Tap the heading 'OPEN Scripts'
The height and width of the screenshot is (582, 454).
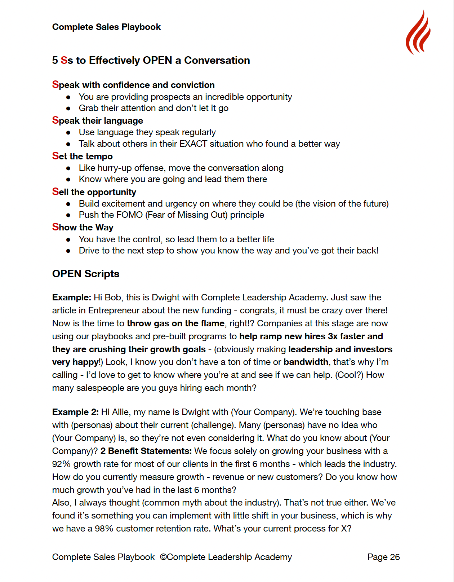pyautogui.click(x=86, y=274)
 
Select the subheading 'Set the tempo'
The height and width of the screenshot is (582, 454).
pyautogui.click(x=83, y=156)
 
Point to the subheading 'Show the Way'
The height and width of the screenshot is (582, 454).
pyautogui.click(x=83, y=227)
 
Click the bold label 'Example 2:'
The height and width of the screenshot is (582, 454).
pyautogui.click(x=75, y=412)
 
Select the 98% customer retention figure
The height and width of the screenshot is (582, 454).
pyautogui.click(x=104, y=529)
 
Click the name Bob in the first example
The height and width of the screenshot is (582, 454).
pyautogui.click(x=113, y=297)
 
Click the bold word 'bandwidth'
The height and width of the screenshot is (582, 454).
pyautogui.click(x=306, y=362)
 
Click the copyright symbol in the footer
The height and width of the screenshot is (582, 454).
pyautogui.click(x=163, y=557)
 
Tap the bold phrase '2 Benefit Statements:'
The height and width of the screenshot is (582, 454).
pyautogui.click(x=146, y=451)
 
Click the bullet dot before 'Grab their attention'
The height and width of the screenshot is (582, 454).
pyautogui.click(x=68, y=109)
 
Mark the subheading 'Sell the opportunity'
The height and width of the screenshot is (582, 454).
pyautogui.click(x=94, y=192)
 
